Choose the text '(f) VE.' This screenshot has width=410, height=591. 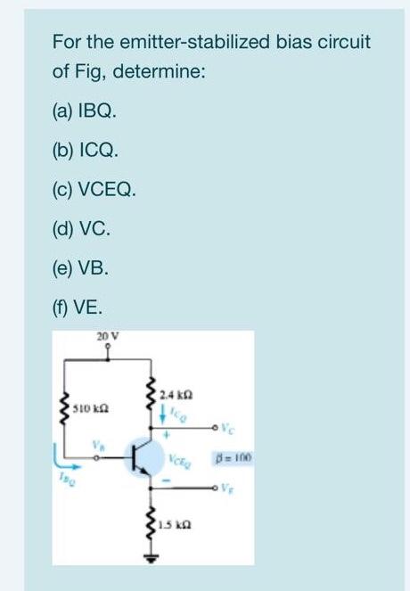coord(78,302)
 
